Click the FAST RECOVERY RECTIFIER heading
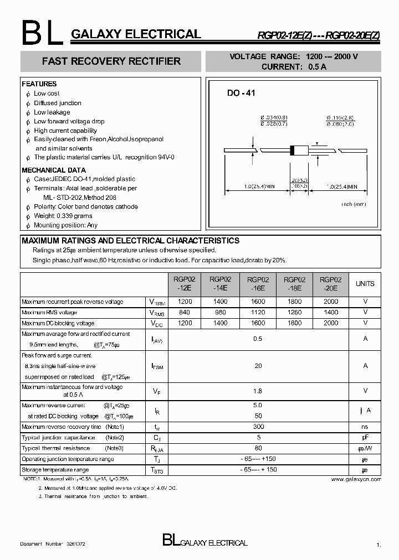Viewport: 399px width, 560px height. click(x=111, y=61)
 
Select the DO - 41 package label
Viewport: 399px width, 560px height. click(x=241, y=94)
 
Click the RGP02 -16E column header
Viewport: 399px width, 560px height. click(x=258, y=284)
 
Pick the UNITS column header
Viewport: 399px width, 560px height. click(x=365, y=284)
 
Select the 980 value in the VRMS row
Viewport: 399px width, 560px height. click(x=221, y=312)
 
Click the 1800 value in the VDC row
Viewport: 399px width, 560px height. click(x=295, y=323)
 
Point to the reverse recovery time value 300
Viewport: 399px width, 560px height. click(x=258, y=427)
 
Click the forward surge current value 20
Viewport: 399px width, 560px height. click(x=258, y=366)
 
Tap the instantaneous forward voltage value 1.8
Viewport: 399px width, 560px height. click(x=258, y=391)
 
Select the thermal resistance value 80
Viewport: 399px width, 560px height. click(x=258, y=448)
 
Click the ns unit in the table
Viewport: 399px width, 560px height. click(x=365, y=427)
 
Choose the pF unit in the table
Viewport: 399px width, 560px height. click(x=365, y=437)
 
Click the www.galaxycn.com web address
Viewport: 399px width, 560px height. click(x=356, y=479)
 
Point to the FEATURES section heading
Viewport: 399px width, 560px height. click(x=39, y=84)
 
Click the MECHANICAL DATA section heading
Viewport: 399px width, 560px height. click(x=53, y=170)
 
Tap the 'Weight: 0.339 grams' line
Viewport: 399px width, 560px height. click(x=63, y=216)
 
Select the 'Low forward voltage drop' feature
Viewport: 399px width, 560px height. click(x=69, y=121)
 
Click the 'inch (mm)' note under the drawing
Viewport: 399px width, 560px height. click(x=354, y=204)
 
